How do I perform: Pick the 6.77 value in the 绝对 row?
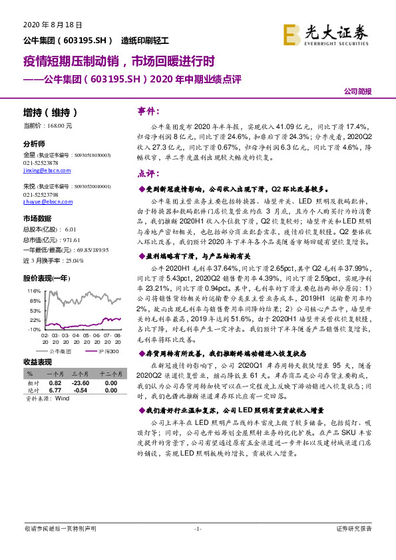click(x=55, y=391)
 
